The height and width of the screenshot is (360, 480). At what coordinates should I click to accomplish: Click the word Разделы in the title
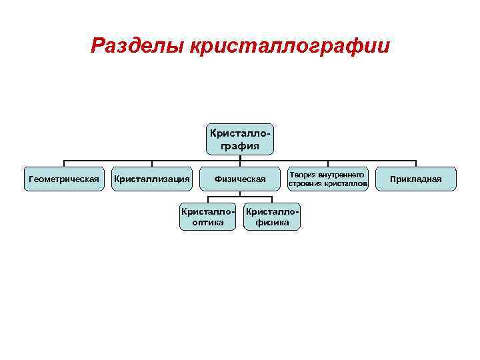point(137,45)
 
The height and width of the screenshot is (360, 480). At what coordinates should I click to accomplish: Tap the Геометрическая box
point(64,179)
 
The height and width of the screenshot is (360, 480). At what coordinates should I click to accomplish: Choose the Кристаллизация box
point(152,179)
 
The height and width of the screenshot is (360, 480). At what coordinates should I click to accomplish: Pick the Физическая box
point(240,179)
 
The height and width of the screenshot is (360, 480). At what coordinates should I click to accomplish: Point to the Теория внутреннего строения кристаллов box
point(327,179)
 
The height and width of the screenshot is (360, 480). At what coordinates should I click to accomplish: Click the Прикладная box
point(415,179)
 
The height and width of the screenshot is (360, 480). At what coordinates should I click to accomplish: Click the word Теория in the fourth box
point(302,174)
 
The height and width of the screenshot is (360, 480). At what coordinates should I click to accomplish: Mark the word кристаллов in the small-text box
point(345,183)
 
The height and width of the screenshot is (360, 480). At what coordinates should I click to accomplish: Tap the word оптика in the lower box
point(208,223)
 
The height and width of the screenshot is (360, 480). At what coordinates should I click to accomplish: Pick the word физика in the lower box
point(273,223)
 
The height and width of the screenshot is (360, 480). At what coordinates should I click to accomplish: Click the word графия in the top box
point(240,145)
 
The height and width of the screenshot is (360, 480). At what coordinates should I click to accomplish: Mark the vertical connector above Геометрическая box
point(64,163)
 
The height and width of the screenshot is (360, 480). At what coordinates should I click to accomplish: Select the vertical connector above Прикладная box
point(415,163)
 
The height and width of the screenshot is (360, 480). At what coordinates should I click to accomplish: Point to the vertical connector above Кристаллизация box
point(152,163)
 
